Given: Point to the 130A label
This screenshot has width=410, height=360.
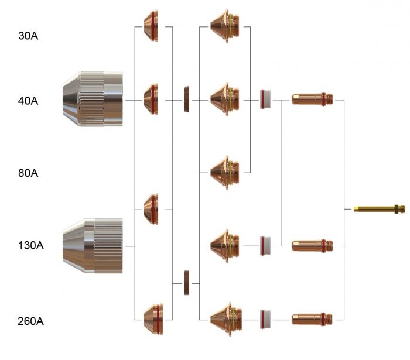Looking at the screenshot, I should [x=31, y=245].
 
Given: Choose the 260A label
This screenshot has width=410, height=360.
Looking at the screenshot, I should [x=31, y=321].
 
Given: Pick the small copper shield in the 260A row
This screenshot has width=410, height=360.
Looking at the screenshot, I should [x=152, y=319].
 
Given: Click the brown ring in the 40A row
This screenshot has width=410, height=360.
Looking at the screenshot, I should [x=187, y=100].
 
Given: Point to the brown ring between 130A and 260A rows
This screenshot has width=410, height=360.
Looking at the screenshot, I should [x=187, y=283].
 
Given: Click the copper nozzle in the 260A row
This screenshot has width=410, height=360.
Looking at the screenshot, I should [x=227, y=319].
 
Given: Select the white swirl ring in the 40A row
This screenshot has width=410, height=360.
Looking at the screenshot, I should [x=265, y=100].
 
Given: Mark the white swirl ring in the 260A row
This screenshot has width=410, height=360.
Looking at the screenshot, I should [x=265, y=319].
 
